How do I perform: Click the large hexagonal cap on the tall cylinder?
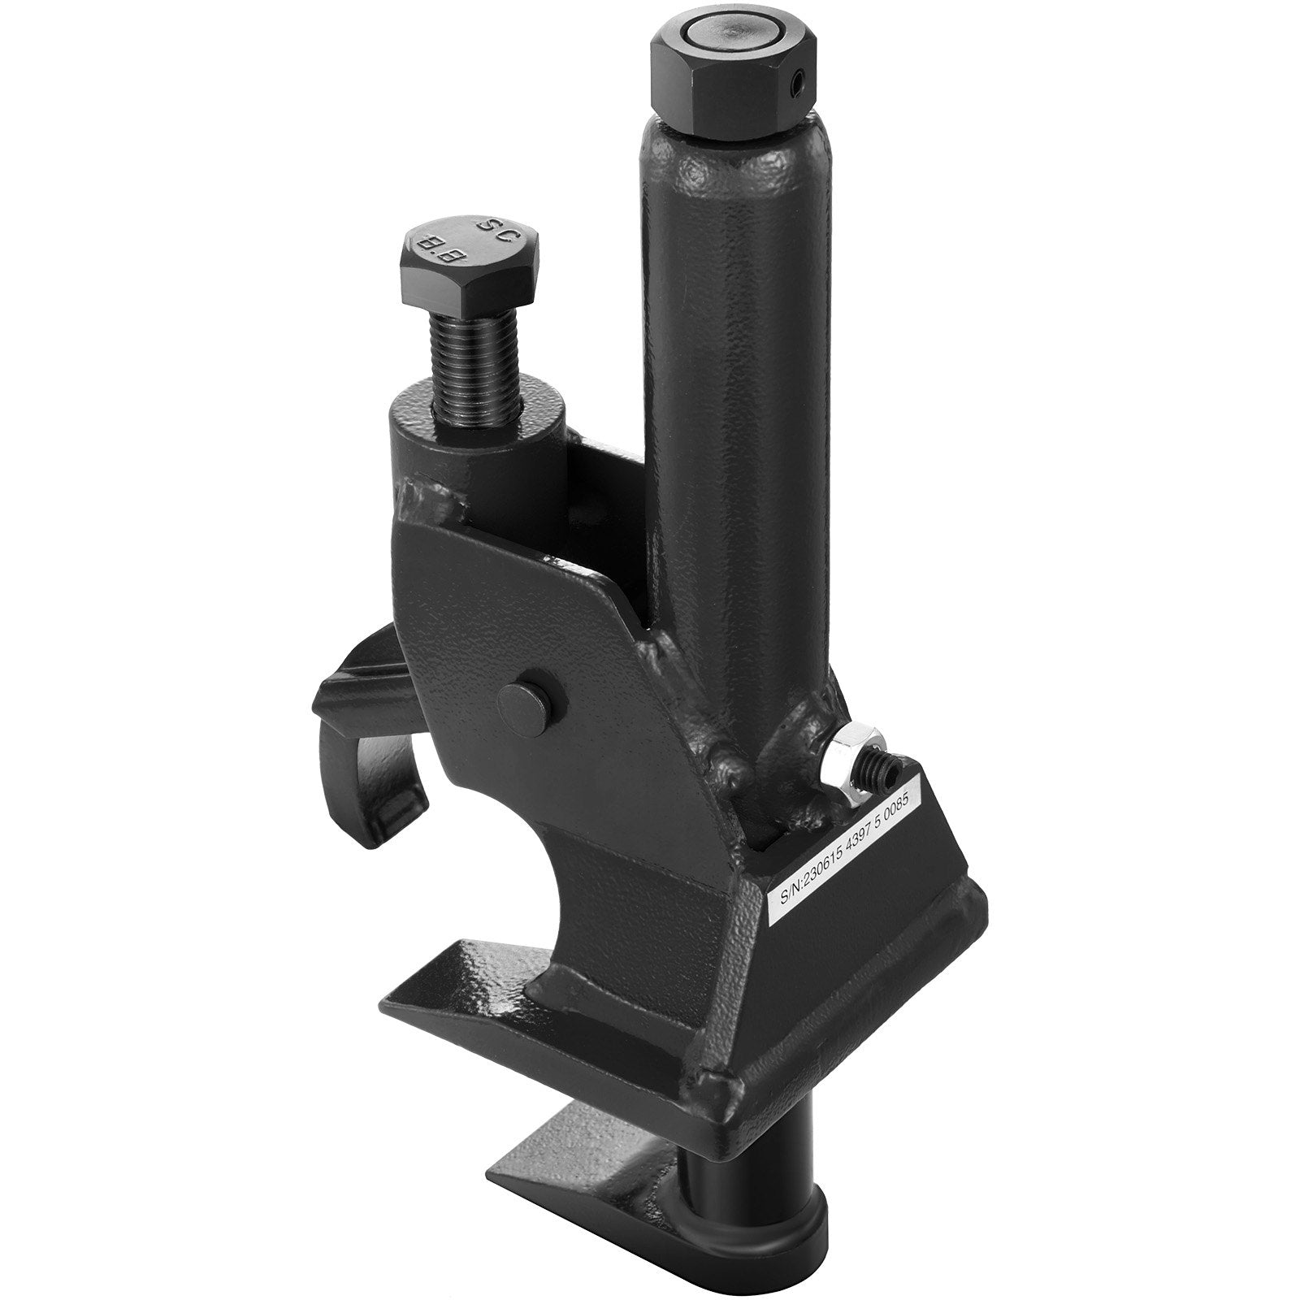(x=727, y=81)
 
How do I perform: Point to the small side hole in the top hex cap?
(x=800, y=82)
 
